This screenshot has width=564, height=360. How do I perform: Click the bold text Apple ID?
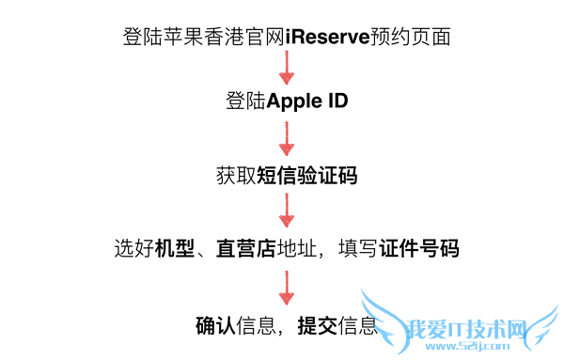pyautogui.click(x=307, y=101)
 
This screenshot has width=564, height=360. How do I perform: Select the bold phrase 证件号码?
pyautogui.click(x=420, y=249)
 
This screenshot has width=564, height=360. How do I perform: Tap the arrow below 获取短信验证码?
pyautogui.click(x=287, y=211)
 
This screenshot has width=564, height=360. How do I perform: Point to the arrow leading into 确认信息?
pyautogui.click(x=287, y=287)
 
